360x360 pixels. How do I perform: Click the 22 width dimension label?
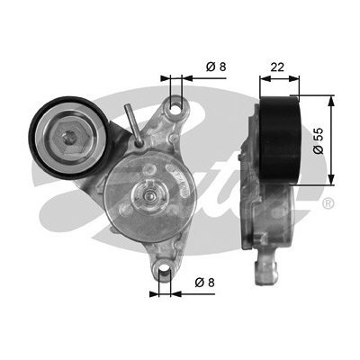277,67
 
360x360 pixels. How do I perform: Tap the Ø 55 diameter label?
319,140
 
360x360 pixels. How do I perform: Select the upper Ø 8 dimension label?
216,67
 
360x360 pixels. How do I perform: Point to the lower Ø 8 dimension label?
205,283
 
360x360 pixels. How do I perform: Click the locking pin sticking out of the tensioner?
133,125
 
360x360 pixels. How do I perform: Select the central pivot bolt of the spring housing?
149,196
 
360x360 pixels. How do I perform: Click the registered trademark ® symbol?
328,204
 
